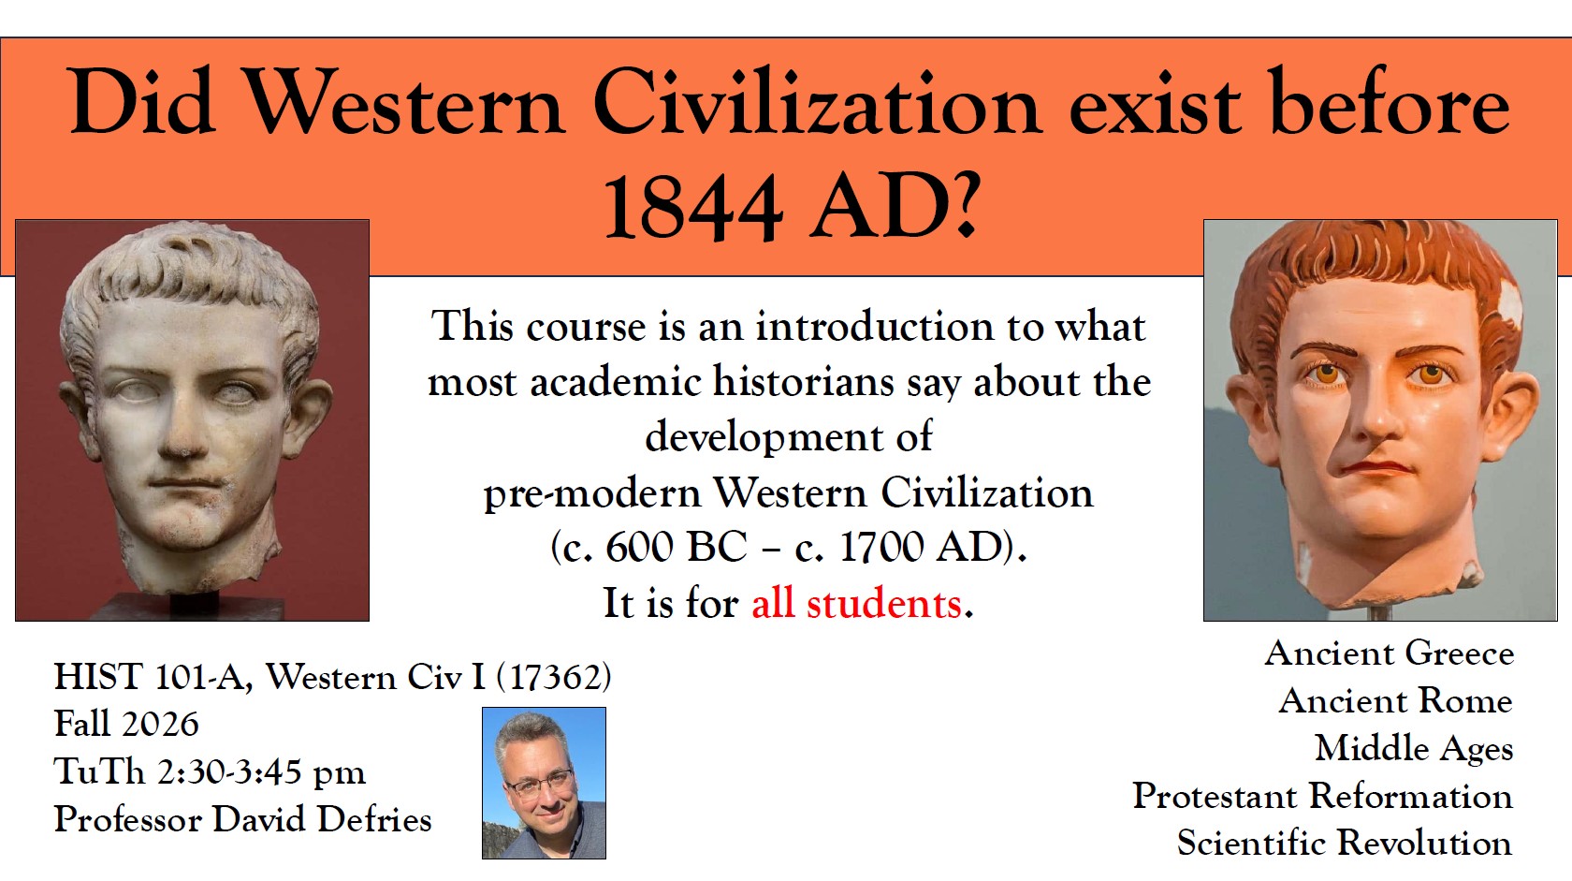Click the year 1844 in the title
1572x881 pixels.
[692, 208]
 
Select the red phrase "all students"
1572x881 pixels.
[856, 603]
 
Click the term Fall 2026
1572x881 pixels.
[126, 724]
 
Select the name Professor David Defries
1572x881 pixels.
[242, 819]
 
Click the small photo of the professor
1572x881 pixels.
[544, 783]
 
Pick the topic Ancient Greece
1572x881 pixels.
[1389, 653]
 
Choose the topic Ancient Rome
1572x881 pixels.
[1395, 701]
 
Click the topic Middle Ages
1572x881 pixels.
[1413, 749]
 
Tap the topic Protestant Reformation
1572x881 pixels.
[1322, 796]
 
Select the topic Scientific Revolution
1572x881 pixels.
[1344, 844]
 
